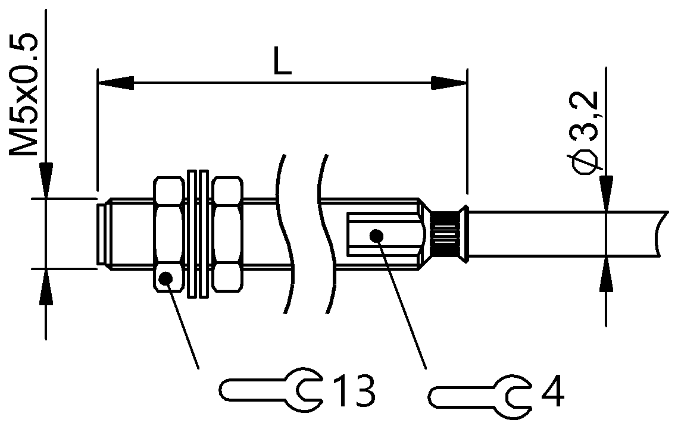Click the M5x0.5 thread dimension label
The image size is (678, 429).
(x=25, y=95)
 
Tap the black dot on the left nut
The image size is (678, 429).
(x=166, y=277)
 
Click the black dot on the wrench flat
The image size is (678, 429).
(x=375, y=235)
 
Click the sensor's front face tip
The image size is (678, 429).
(x=99, y=233)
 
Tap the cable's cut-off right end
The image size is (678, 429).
(x=657, y=234)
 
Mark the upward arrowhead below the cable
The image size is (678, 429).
(x=605, y=275)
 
